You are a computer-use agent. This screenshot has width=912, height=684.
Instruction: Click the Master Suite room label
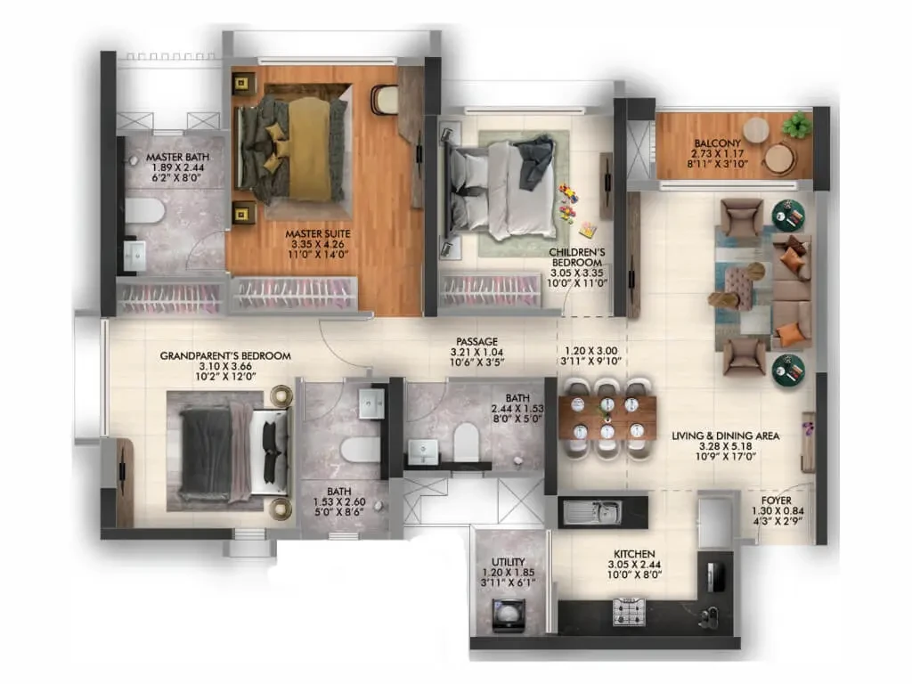[318, 234]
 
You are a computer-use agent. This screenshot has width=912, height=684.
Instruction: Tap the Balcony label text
[717, 143]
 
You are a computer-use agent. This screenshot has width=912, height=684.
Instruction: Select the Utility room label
[509, 562]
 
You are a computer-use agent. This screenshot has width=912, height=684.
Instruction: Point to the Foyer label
[777, 501]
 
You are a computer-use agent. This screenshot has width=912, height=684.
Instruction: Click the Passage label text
[477, 341]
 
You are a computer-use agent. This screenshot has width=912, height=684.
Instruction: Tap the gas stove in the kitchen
[629, 612]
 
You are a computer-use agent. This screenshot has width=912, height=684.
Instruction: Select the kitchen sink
[592, 512]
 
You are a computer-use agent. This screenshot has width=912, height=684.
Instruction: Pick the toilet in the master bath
[145, 210]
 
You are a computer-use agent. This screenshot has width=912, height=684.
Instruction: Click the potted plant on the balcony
[797, 125]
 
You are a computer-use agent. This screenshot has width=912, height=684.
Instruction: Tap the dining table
[607, 418]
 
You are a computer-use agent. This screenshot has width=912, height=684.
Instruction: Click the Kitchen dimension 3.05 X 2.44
[634, 565]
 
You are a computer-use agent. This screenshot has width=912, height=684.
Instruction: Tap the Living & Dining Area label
[725, 436]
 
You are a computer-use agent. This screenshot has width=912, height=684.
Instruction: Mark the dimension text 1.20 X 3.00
[591, 351]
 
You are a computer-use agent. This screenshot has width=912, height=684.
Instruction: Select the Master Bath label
[177, 157]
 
